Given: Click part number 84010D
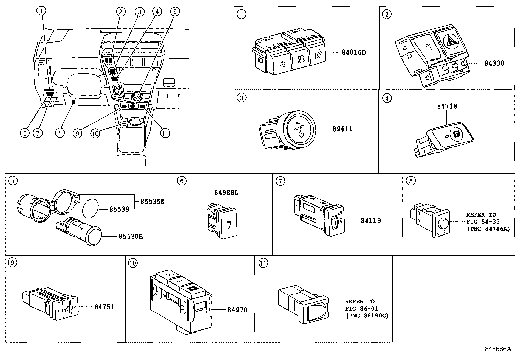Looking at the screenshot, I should (353, 52).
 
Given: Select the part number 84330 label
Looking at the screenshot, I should (494, 63).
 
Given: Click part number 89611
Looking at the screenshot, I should (342, 129).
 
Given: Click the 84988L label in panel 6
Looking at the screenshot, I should (226, 193).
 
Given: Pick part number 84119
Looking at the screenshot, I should (370, 221).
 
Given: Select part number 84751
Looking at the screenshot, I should (104, 307).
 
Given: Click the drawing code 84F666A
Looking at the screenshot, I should (497, 349).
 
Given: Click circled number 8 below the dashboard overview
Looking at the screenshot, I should (60, 133).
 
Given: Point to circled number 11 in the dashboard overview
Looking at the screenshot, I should (165, 133).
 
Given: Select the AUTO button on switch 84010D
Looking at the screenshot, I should (301, 59).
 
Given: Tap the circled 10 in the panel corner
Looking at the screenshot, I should (133, 263).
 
